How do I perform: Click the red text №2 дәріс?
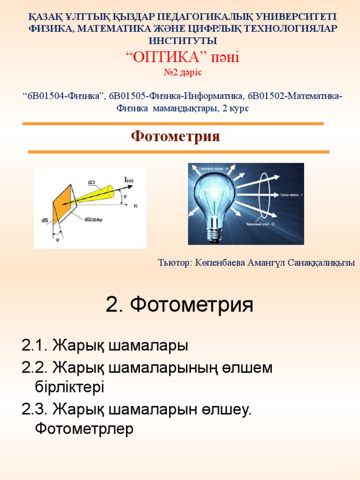point(180,73)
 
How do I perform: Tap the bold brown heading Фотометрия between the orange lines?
point(175,137)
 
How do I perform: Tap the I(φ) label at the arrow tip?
point(128,180)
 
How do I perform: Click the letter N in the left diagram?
point(135,206)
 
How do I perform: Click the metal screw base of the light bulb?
point(214,232)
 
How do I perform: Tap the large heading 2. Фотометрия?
point(180,305)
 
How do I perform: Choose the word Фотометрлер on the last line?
point(84,428)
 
